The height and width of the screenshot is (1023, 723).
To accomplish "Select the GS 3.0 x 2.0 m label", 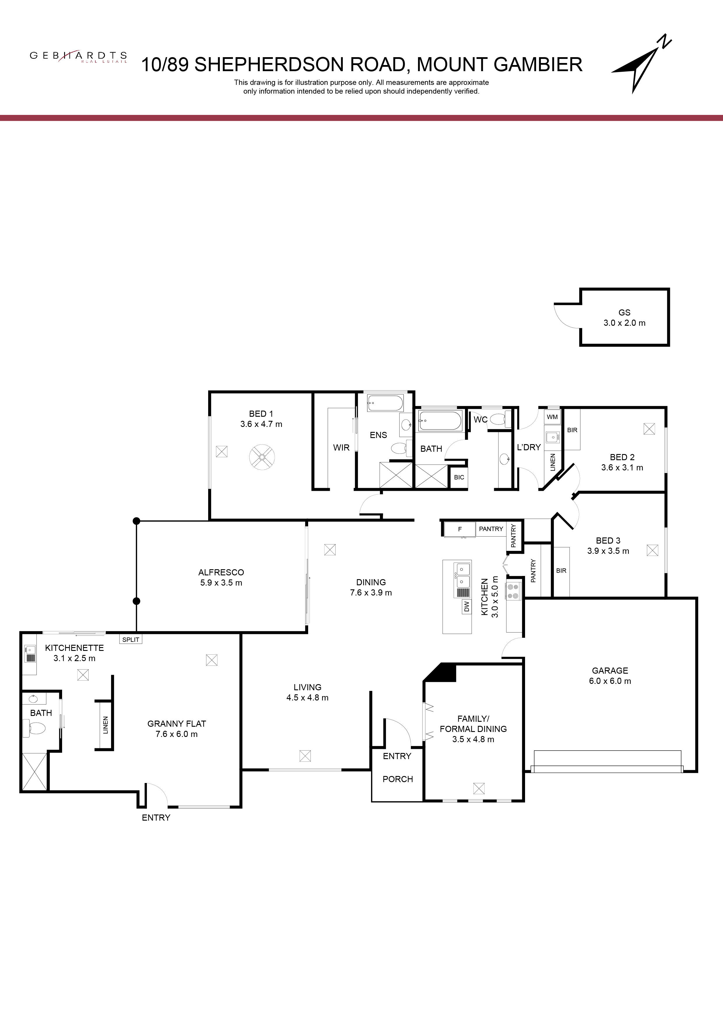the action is [624, 318].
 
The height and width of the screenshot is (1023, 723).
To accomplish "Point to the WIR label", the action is [341, 447].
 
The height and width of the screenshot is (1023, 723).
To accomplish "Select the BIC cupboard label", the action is [459, 477].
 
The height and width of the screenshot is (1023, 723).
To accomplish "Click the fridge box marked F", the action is [460, 529].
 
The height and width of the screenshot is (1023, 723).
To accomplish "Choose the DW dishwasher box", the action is [466, 606].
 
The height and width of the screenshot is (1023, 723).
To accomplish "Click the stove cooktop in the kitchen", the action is [513, 591].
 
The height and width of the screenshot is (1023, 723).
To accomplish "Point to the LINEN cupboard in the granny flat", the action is [105, 725].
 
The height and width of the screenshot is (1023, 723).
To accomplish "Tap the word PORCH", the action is [398, 779].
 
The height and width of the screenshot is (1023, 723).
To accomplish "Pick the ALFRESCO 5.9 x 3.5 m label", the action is [221, 577].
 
